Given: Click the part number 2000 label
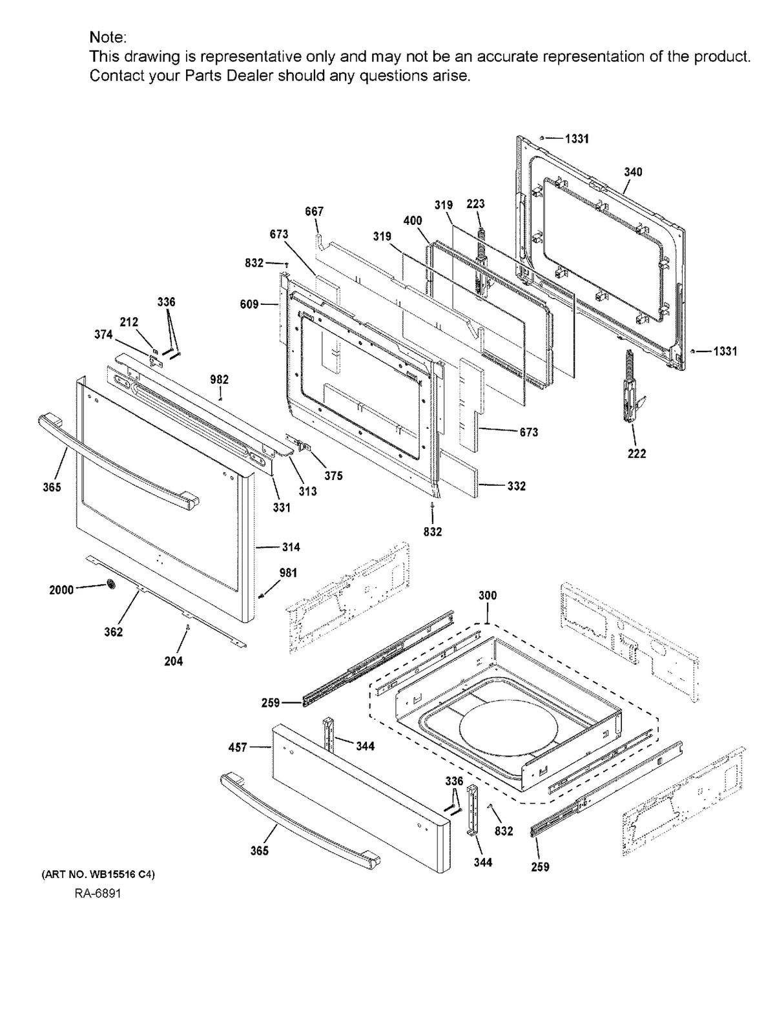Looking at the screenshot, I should pyautogui.click(x=61, y=589).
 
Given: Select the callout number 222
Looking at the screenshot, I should pyautogui.click(x=637, y=454).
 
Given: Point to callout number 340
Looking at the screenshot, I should pyautogui.click(x=633, y=172).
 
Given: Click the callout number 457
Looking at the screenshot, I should pyautogui.click(x=238, y=747).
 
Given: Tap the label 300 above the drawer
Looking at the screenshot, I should pyautogui.click(x=488, y=595).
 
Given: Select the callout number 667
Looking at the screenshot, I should pyautogui.click(x=315, y=211).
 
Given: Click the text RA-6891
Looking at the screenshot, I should pyautogui.click(x=97, y=893).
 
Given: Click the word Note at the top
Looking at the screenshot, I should pyautogui.click(x=108, y=37).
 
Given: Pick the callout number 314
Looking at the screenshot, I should pyautogui.click(x=291, y=547).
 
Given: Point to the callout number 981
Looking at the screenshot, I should pyautogui.click(x=289, y=572).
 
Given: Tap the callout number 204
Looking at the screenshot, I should pyautogui.click(x=173, y=661).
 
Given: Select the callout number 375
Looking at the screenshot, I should pyautogui.click(x=333, y=475).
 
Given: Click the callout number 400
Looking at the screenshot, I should pyautogui.click(x=413, y=220).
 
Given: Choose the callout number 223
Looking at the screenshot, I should pyautogui.click(x=475, y=204).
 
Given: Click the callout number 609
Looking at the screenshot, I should pyautogui.click(x=249, y=304).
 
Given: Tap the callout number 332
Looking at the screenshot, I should pyautogui.click(x=516, y=486).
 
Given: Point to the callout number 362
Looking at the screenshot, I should pyautogui.click(x=114, y=632).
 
